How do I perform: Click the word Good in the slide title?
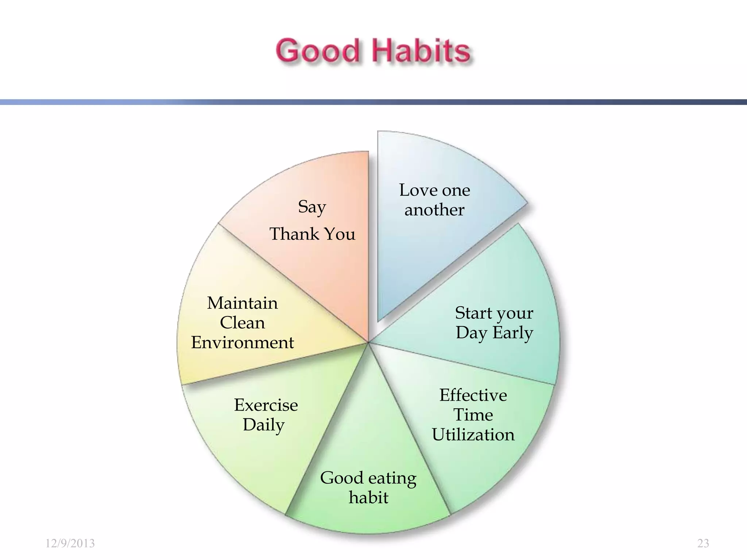pos(317,51)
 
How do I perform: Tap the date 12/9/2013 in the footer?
pos(70,543)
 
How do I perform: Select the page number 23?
pos(703,543)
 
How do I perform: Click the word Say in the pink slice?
pos(312,207)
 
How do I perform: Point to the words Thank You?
pos(312,234)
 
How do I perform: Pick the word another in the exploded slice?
pos(434,210)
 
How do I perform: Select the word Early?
pos(513,333)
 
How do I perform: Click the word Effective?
pos(473,395)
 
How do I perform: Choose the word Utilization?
pos(473,435)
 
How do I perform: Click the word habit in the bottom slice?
pos(368,498)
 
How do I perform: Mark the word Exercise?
pos(266,405)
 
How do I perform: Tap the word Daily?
pos(264,425)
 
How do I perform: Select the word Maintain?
pos(243,303)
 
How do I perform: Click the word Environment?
pos(243,343)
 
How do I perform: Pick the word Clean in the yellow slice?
pos(243,323)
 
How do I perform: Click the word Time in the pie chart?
pos(473,415)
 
